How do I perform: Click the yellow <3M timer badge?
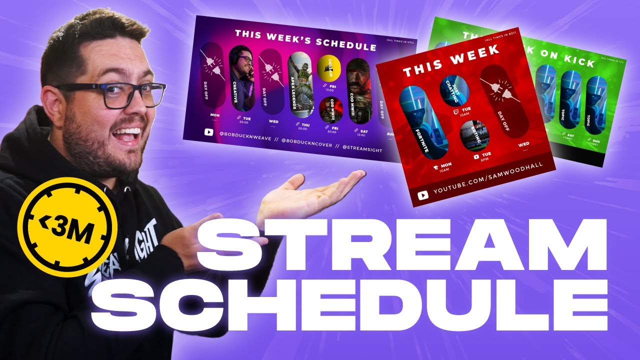(x=67, y=227)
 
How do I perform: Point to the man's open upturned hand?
(x=310, y=192)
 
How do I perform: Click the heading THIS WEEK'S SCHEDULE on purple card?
(x=305, y=40)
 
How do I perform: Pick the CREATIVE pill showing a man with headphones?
(x=241, y=77)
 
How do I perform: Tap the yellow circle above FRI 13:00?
(x=328, y=68)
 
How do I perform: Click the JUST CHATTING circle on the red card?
(x=452, y=90)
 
